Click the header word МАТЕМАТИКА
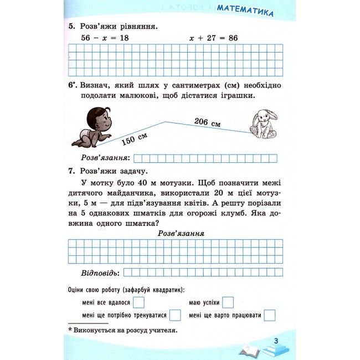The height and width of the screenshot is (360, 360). coord(245,11)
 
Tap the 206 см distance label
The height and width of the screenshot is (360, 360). coord(208,122)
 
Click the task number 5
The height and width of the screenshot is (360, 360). coord(71,25)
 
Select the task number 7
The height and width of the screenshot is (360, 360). coord(71,171)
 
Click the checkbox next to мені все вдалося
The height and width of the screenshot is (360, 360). coord(139,302)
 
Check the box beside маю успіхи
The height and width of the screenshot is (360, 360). coord(228,302)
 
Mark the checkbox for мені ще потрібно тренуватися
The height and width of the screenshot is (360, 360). coord(175,315)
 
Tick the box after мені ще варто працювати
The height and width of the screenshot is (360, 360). coord(270,315)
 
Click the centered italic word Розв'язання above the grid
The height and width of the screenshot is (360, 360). coord(181,233)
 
